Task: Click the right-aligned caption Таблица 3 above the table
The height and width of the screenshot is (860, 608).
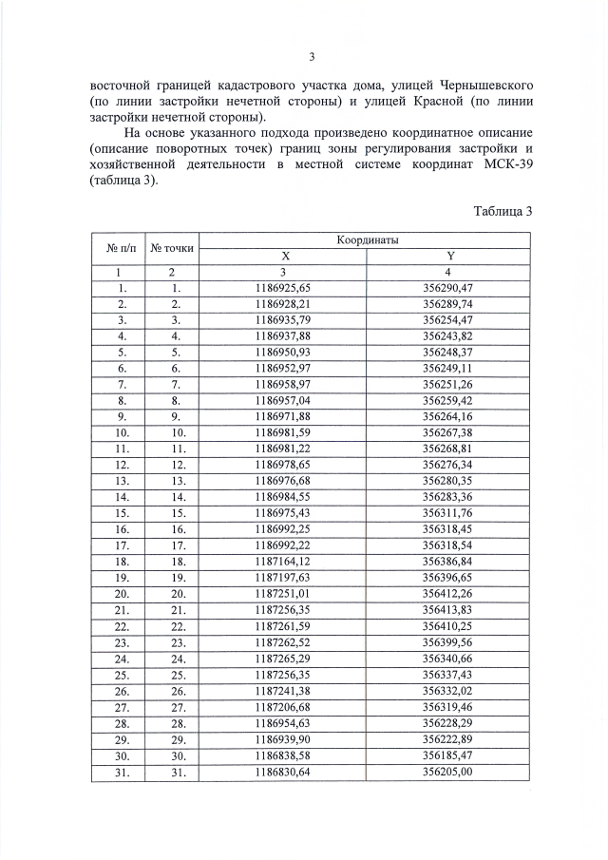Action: coord(503,211)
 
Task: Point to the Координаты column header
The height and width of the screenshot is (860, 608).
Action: coord(367,241)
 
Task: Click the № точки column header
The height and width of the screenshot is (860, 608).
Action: coord(172,248)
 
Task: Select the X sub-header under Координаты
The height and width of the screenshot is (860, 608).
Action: coord(285,256)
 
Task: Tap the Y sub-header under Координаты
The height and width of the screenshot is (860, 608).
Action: coord(450,256)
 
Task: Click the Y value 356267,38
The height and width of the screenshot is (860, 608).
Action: coord(450,434)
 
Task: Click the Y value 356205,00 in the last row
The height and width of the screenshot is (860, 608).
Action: coord(450,772)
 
